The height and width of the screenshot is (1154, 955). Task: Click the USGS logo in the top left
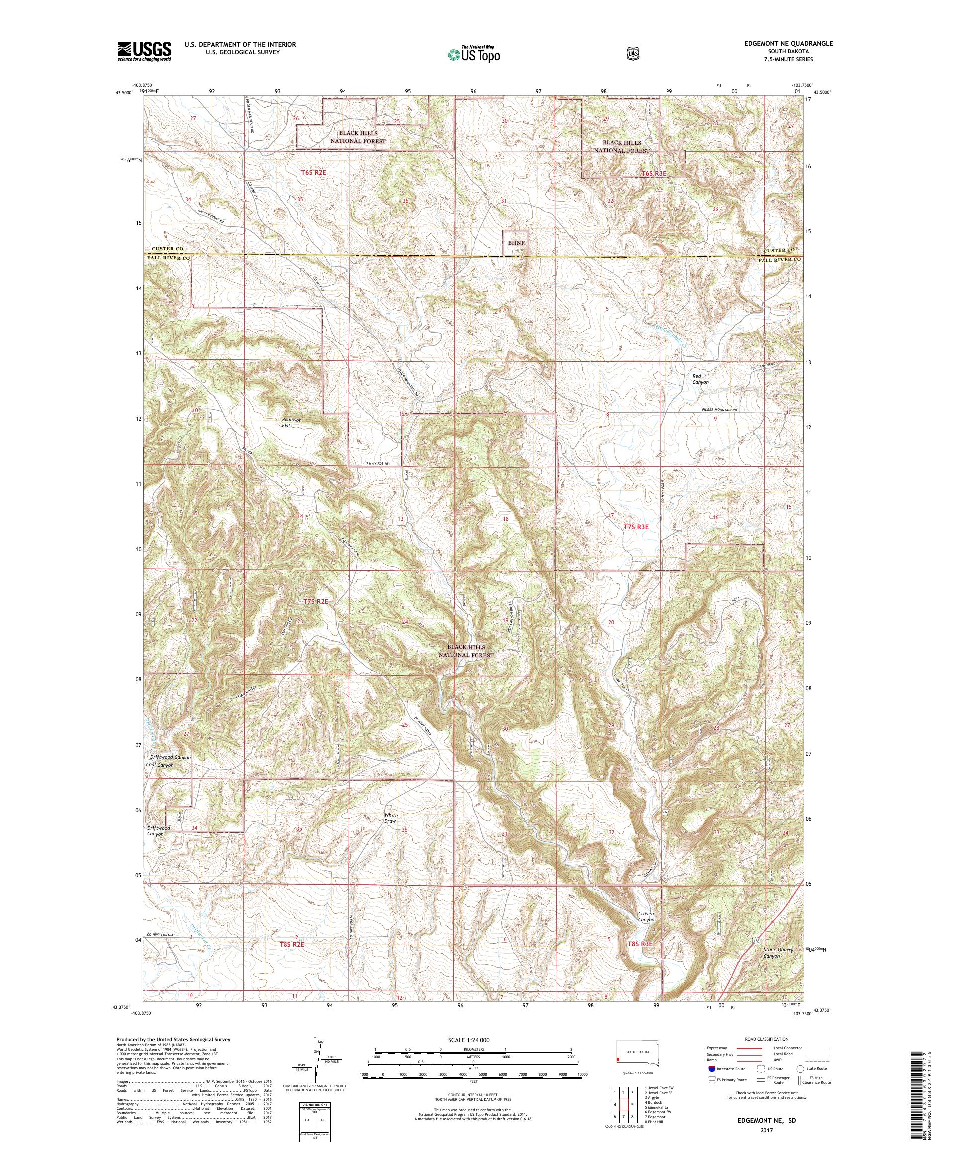tap(144, 51)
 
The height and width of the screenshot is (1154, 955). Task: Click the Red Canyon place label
tap(700, 379)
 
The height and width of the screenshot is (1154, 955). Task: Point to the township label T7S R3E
tap(636, 526)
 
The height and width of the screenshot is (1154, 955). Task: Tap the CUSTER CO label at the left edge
tap(164, 249)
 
